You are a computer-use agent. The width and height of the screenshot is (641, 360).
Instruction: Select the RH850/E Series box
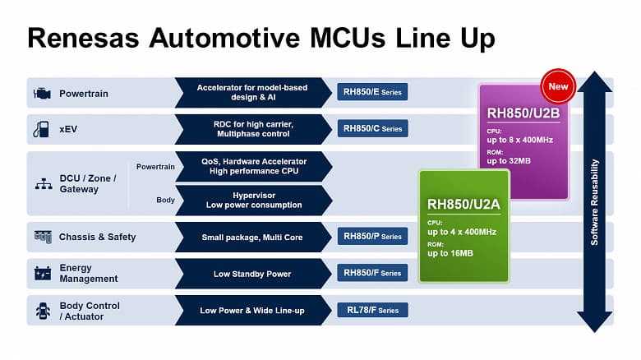(372, 92)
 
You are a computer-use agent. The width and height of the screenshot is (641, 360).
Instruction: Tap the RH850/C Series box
(372, 128)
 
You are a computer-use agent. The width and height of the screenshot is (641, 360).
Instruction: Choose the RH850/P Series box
(372, 237)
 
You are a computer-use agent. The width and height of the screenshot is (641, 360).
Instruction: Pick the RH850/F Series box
(372, 273)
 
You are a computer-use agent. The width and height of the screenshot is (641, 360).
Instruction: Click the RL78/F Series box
(372, 310)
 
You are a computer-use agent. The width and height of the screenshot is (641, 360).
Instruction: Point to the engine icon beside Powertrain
(42, 93)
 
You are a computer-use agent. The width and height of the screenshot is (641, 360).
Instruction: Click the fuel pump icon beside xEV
(41, 129)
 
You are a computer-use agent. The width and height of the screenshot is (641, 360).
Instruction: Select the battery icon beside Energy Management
(42, 273)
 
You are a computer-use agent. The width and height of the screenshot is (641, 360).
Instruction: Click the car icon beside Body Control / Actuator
(42, 311)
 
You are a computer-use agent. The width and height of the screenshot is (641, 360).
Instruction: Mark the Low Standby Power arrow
(252, 274)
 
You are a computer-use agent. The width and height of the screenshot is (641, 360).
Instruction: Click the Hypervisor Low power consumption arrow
(252, 200)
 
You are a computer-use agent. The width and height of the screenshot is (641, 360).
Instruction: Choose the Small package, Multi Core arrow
(252, 238)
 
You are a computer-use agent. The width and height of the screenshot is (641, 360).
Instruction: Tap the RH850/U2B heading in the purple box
(523, 113)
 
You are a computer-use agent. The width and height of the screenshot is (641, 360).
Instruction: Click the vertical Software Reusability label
(595, 201)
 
